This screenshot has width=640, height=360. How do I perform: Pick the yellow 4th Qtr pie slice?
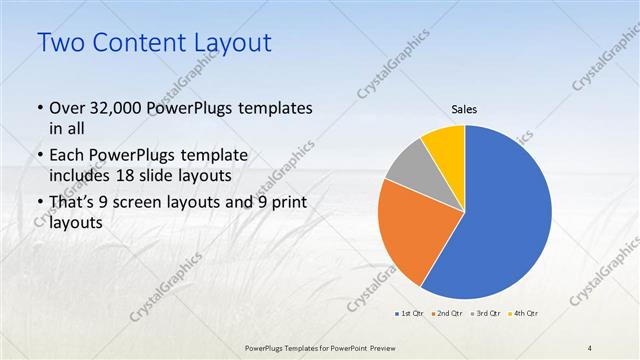pyautogui.click(x=444, y=147)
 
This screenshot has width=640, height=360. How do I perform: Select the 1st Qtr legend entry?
pyautogui.click(x=410, y=315)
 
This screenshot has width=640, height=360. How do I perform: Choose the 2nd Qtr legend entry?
pyautogui.click(x=447, y=315)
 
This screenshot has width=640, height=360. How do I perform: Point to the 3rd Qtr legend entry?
pyautogui.click(x=485, y=315)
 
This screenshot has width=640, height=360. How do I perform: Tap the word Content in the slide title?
pyautogui.click(x=137, y=43)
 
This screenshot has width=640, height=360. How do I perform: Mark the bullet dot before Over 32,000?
pyautogui.click(x=38, y=108)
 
